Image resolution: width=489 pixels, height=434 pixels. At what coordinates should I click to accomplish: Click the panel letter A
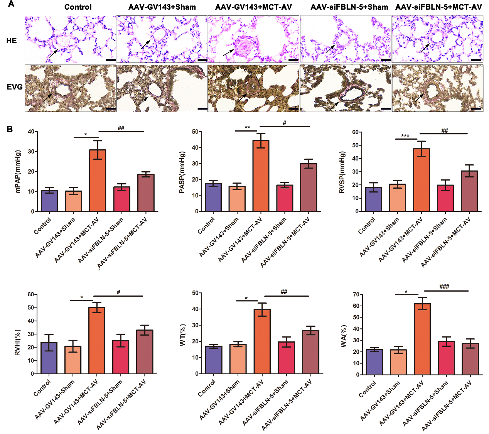11,5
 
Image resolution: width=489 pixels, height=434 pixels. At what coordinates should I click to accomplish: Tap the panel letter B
10,129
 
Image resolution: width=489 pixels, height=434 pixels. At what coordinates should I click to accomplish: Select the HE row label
12,41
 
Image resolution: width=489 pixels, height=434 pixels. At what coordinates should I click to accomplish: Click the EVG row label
15,87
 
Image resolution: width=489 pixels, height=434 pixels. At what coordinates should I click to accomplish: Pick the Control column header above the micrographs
78,7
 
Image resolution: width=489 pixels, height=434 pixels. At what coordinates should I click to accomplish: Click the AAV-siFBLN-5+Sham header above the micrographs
349,7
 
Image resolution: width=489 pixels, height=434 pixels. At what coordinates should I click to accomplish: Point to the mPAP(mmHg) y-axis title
18,171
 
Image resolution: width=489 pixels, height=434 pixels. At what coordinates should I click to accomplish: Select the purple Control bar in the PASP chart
213,197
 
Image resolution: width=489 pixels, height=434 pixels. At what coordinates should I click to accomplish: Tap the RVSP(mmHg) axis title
342,172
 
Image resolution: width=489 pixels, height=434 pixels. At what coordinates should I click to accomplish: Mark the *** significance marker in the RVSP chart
405,136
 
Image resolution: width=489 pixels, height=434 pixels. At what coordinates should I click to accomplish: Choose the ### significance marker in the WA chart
444,287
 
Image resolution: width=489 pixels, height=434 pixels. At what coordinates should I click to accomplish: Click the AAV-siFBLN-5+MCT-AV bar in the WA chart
470,359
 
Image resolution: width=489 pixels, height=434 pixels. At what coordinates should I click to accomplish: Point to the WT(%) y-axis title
183,334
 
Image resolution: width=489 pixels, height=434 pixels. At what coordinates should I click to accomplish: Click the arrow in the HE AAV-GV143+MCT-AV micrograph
229,52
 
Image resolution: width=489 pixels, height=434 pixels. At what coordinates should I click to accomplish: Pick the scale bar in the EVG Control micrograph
111,109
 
